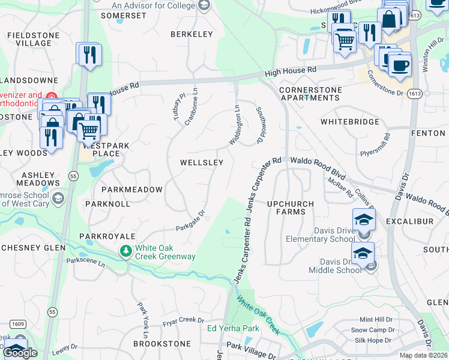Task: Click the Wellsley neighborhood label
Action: [x=202, y=163]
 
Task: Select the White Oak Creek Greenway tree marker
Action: [x=126, y=250]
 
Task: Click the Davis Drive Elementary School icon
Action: [x=364, y=220]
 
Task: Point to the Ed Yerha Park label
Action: [x=233, y=328]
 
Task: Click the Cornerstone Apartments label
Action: [x=310, y=94]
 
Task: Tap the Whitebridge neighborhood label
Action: [x=350, y=122]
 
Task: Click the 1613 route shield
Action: [x=414, y=94]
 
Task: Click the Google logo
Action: [x=20, y=352]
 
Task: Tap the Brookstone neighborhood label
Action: [x=162, y=344]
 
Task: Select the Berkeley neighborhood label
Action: [x=191, y=34]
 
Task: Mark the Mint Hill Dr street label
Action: [x=376, y=320]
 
